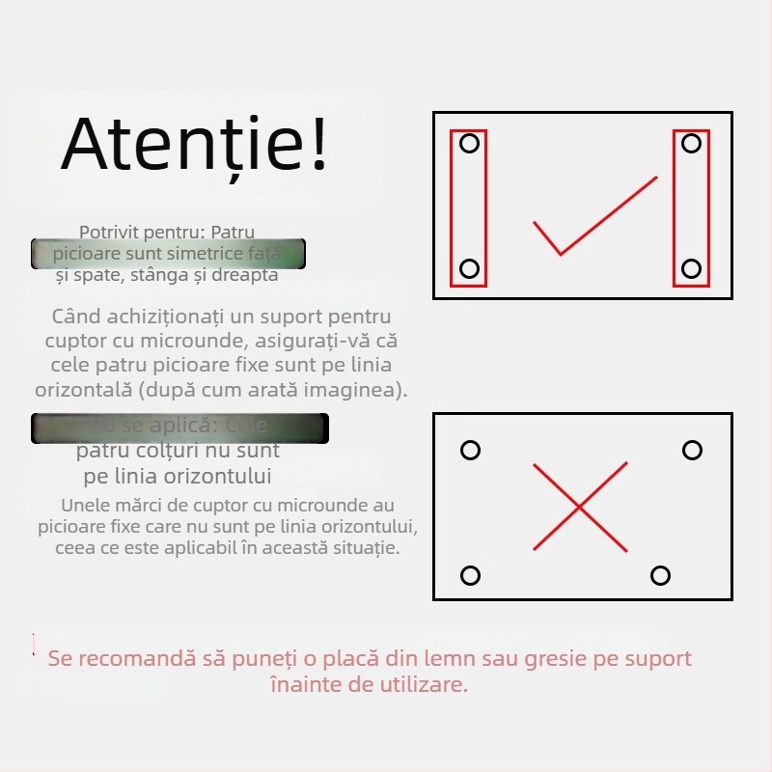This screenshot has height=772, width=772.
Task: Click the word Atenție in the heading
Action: coord(183,145)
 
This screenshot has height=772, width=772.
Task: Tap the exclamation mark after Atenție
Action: coord(317,145)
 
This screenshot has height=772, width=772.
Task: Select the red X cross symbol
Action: coord(580,507)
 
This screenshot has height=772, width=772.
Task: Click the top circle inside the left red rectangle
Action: coord(469,144)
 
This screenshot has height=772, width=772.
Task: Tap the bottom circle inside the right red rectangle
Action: coord(691,268)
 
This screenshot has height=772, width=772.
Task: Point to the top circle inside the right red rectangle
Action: coord(691,144)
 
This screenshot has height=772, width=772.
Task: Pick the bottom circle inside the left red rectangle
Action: coord(469,268)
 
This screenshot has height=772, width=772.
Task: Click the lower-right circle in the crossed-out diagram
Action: coord(660,576)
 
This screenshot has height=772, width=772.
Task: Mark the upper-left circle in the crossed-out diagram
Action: coord(470,451)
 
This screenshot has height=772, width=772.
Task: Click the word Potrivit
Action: coord(109,233)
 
